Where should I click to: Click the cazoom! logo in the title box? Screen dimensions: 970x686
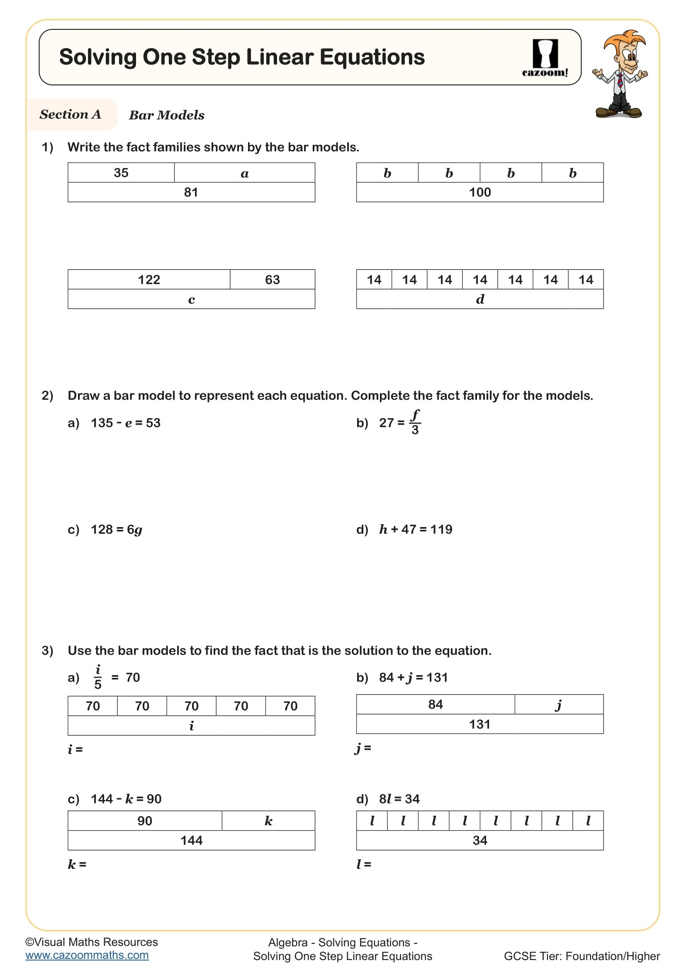point(545,58)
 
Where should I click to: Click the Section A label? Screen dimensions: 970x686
point(71,114)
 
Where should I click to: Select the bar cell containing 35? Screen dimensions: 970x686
point(121,173)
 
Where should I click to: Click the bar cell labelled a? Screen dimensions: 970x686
point(245,173)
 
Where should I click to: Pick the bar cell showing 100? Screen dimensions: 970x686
point(480,193)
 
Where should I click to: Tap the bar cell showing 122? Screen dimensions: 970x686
point(149,280)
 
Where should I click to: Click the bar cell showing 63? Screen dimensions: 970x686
point(272,280)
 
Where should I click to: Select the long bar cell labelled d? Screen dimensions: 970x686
point(480,299)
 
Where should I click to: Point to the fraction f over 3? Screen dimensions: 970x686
point(415,422)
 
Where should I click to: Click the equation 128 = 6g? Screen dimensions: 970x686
point(117,529)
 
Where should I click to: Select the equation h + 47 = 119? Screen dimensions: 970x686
point(416,529)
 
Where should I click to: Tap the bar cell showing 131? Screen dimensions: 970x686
point(480,724)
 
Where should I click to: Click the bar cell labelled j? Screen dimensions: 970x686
point(559,704)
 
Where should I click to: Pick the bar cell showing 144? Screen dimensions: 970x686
point(191,840)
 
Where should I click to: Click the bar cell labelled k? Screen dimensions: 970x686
point(268,821)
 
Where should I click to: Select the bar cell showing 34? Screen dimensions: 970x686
point(480,840)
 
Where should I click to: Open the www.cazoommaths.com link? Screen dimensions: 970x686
point(87,955)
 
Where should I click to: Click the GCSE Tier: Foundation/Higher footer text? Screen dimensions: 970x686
point(581,956)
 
